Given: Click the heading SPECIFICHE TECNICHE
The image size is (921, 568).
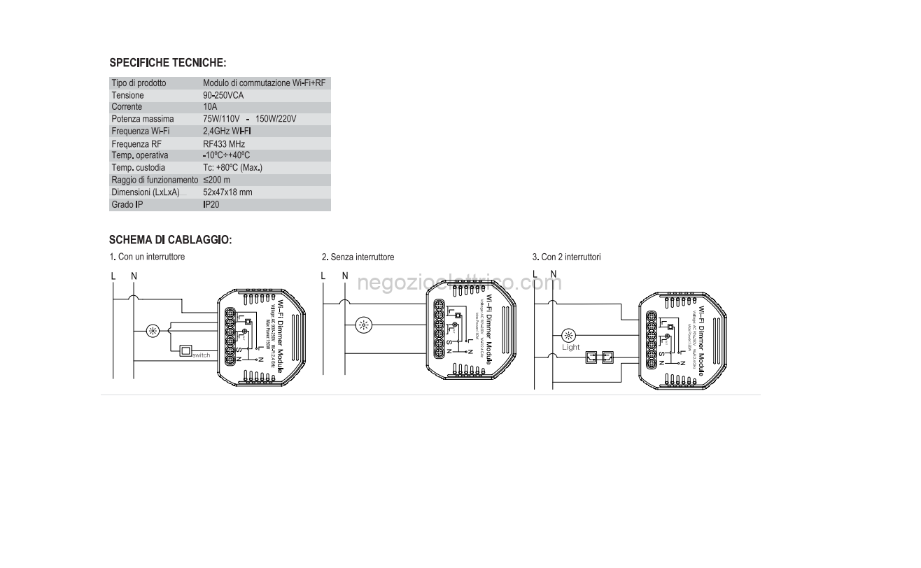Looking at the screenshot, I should (x=167, y=63).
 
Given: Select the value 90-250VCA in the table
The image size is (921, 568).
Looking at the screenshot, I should (x=223, y=95).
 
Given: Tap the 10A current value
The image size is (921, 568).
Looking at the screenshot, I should (x=211, y=107).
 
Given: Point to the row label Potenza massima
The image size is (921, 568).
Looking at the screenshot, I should (x=143, y=119).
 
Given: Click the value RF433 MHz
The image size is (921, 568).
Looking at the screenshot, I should (x=224, y=144).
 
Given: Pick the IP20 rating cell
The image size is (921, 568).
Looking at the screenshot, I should (x=211, y=206).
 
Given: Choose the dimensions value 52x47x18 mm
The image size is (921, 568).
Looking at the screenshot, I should (x=227, y=192).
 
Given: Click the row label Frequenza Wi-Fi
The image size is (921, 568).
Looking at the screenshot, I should (x=141, y=132).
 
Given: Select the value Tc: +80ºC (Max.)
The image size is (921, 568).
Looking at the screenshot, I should (x=232, y=168).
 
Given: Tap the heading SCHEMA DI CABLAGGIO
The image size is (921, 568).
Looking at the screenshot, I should (x=170, y=240).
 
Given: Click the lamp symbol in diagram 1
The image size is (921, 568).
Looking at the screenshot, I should (x=153, y=330).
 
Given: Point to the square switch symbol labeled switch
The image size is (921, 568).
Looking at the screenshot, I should (x=186, y=351).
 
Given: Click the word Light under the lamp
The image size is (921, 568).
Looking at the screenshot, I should (x=571, y=347).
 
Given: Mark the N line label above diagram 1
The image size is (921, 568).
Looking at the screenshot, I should (x=134, y=276).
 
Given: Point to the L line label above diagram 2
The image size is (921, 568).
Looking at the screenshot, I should (x=323, y=276).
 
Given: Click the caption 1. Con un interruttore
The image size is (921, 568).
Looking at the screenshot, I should (x=147, y=257).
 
